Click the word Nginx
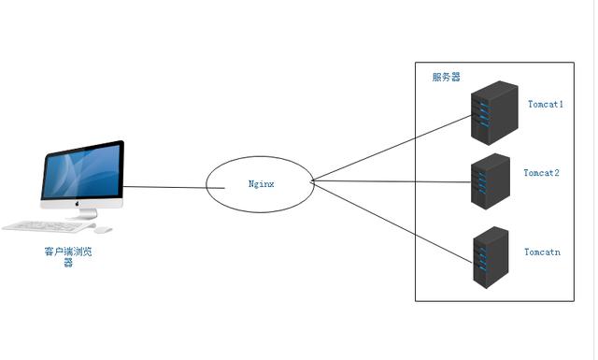(261, 184)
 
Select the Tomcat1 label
(545, 104)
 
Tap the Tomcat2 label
(541, 173)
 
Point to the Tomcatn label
(542, 252)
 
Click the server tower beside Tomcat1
(494, 111)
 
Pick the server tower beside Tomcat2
(490, 180)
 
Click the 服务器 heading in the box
(446, 77)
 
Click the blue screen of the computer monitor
(81, 173)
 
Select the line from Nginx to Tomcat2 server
(392, 181)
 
